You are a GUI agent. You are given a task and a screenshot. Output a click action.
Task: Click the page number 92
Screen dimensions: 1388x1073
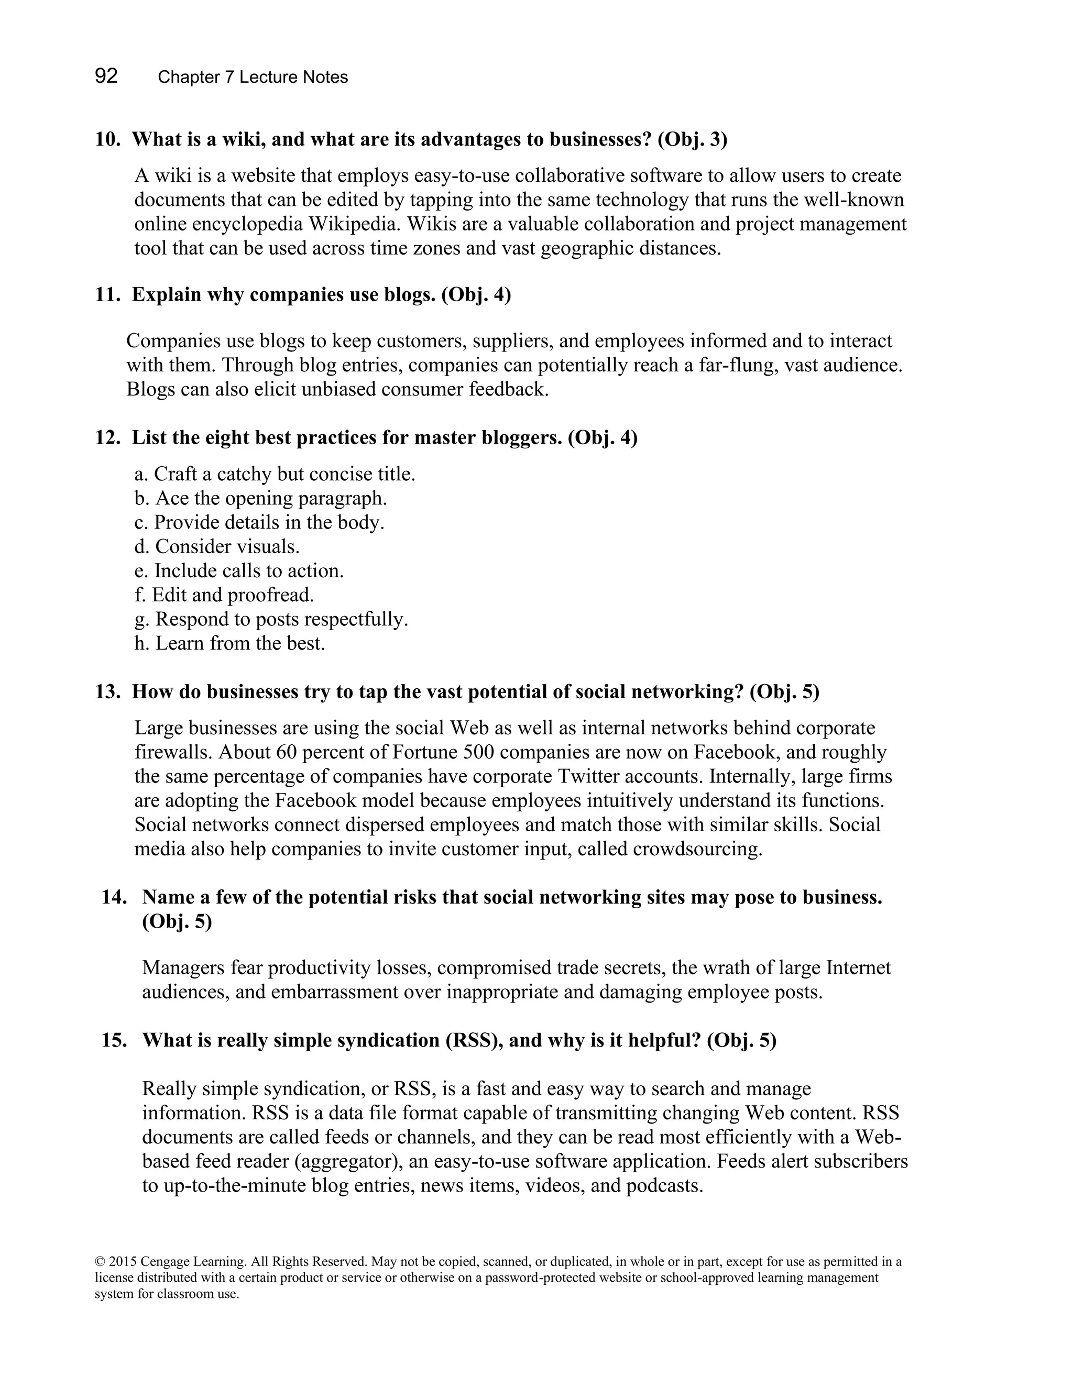coord(106,76)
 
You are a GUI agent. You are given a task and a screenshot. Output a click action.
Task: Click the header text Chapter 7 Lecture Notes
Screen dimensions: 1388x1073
coord(253,78)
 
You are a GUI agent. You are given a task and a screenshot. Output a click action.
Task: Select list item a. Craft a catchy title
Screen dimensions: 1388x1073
coord(275,474)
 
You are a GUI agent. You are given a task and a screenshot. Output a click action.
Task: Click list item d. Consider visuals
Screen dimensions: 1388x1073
coord(217,546)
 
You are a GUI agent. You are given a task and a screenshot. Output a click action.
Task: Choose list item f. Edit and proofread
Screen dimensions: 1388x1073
coord(224,595)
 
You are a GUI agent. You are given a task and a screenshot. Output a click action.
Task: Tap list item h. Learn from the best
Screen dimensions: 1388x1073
coord(229,643)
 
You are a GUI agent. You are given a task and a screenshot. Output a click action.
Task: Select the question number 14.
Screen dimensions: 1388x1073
coord(114,897)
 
